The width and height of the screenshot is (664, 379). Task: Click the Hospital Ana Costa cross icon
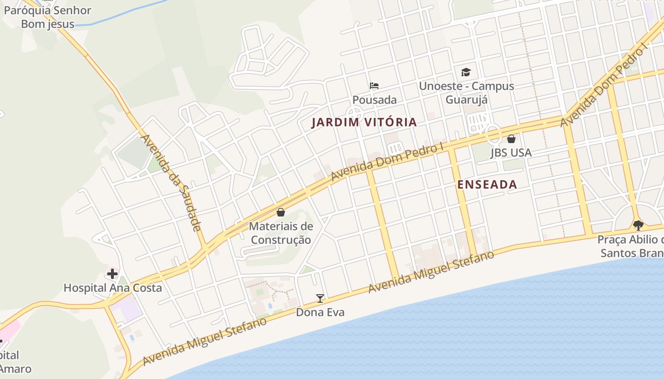click(x=112, y=274)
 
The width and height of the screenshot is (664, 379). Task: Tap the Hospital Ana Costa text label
click(x=112, y=288)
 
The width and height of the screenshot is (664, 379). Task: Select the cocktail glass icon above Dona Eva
click(x=320, y=298)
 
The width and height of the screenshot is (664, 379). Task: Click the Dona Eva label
click(x=320, y=312)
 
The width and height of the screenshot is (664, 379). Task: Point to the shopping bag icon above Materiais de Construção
click(x=281, y=212)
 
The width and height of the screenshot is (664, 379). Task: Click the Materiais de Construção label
click(x=281, y=233)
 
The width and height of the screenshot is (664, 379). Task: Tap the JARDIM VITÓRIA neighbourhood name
click(x=364, y=122)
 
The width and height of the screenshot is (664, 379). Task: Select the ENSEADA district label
click(x=487, y=185)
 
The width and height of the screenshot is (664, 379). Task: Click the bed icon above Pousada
click(x=374, y=86)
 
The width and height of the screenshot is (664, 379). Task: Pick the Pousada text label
click(x=374, y=100)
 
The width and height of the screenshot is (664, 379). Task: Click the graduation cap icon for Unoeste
click(x=466, y=72)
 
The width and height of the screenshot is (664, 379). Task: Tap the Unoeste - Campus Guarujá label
click(x=466, y=93)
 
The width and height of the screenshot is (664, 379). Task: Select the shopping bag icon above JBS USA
click(x=511, y=139)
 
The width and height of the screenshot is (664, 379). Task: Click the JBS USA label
click(x=511, y=153)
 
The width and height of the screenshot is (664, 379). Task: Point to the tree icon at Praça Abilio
click(x=638, y=225)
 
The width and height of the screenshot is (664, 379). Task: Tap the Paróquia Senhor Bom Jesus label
click(x=47, y=17)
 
